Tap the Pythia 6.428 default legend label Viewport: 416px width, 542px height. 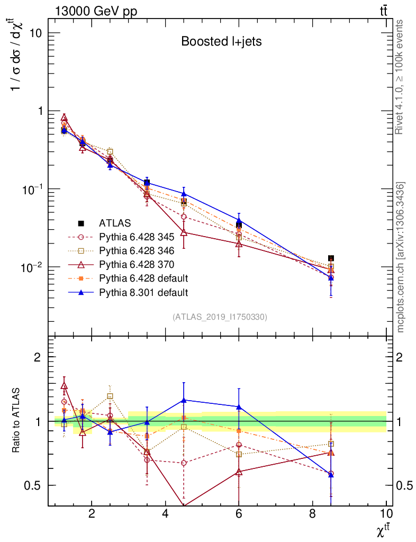click(143, 278)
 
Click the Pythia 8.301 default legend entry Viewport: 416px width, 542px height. click(143, 292)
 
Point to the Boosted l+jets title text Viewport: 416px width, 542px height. click(221, 41)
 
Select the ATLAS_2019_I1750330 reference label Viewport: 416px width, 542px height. click(220, 317)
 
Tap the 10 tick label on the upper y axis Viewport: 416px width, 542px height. click(34, 33)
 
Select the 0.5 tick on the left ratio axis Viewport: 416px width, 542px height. click(33, 485)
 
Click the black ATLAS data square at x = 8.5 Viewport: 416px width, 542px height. click(331, 258)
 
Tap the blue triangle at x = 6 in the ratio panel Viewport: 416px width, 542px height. click(239, 406)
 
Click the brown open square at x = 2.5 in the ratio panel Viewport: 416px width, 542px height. click(110, 396)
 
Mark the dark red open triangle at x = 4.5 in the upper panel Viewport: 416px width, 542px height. click(184, 232)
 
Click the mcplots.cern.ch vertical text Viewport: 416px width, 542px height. click(401, 257)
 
